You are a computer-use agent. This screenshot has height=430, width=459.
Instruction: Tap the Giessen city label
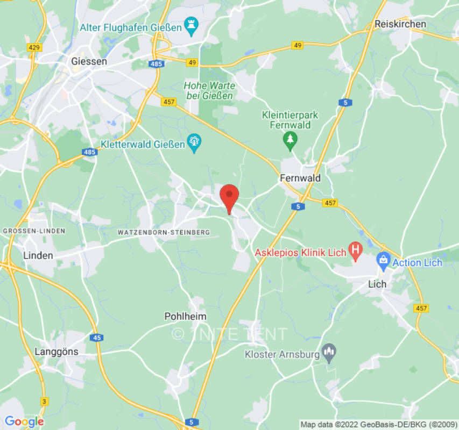(x=89, y=61)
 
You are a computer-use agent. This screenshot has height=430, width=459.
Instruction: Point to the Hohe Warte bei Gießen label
(x=209, y=90)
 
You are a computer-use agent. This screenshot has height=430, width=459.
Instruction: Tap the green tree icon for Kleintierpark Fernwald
(x=290, y=140)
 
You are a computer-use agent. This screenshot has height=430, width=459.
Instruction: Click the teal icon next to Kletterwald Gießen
(x=194, y=143)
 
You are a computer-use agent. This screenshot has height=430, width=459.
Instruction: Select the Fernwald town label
(x=300, y=178)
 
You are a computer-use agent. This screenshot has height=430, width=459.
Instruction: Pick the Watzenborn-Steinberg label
(x=163, y=232)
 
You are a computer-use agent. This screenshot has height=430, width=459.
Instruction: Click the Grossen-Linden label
(x=34, y=231)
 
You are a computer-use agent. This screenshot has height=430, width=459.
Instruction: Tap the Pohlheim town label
(x=185, y=317)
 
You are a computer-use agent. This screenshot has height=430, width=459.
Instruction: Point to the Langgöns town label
(x=57, y=352)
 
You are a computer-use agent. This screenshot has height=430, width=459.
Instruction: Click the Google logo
(x=24, y=421)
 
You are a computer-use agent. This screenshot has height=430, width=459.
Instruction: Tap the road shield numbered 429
(x=34, y=47)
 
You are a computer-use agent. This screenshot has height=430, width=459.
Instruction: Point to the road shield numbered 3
(x=44, y=401)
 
